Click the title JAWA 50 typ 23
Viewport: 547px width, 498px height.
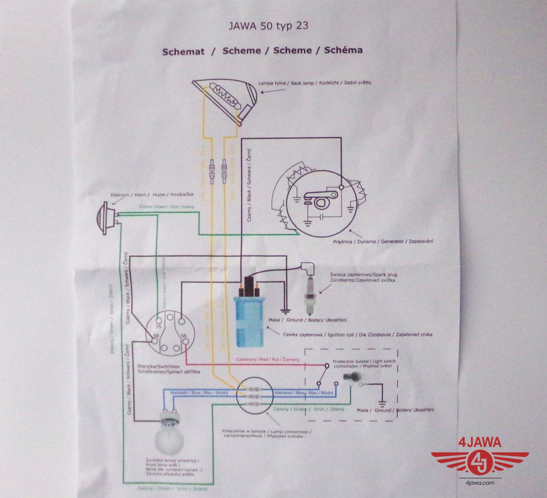tap(268, 25)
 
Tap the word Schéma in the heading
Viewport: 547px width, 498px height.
tap(343, 50)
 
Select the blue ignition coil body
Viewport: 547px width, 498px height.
tap(250, 321)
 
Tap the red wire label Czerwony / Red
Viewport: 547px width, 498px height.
tap(267, 359)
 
